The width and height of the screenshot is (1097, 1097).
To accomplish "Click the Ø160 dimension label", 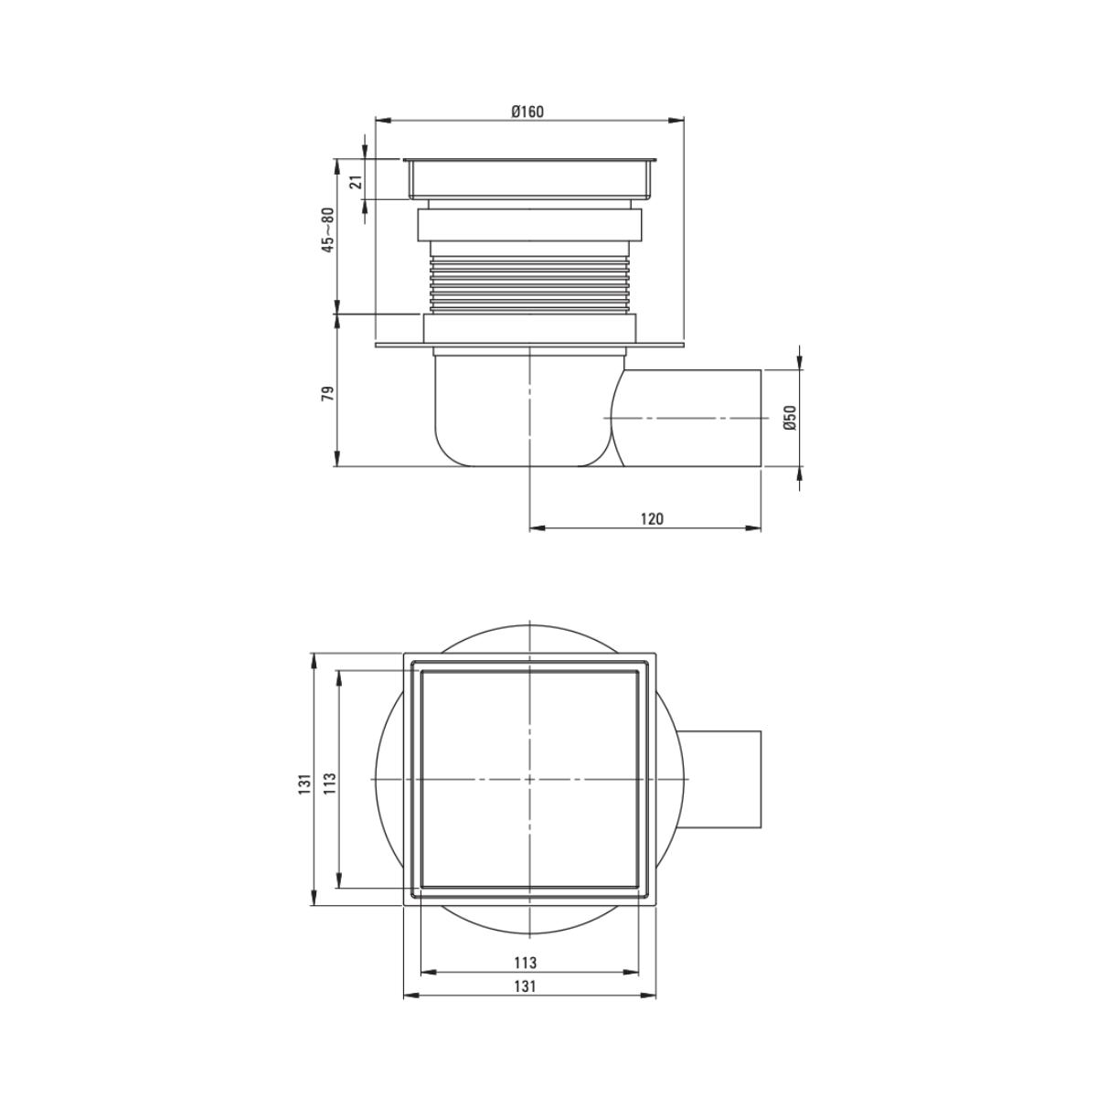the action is point(527,112).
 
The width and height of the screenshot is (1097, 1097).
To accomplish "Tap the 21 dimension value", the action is point(356,182).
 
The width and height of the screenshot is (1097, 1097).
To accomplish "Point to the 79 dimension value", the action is point(327,393).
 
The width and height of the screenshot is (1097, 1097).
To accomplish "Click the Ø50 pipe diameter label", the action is point(790,417).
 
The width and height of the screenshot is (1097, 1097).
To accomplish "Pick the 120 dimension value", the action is point(652,518).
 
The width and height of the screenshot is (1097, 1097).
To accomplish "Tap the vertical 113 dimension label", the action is point(331,783).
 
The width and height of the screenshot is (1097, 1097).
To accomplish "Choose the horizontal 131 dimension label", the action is point(525,985).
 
